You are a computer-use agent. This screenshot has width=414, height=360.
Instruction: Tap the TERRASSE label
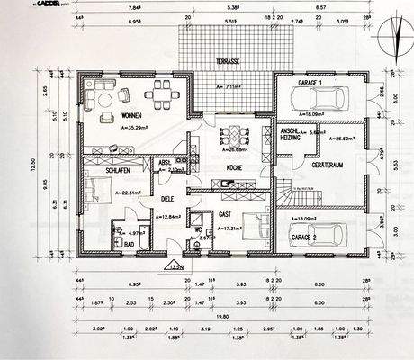(227, 61)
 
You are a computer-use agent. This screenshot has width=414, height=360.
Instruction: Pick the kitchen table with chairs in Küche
(230, 136)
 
